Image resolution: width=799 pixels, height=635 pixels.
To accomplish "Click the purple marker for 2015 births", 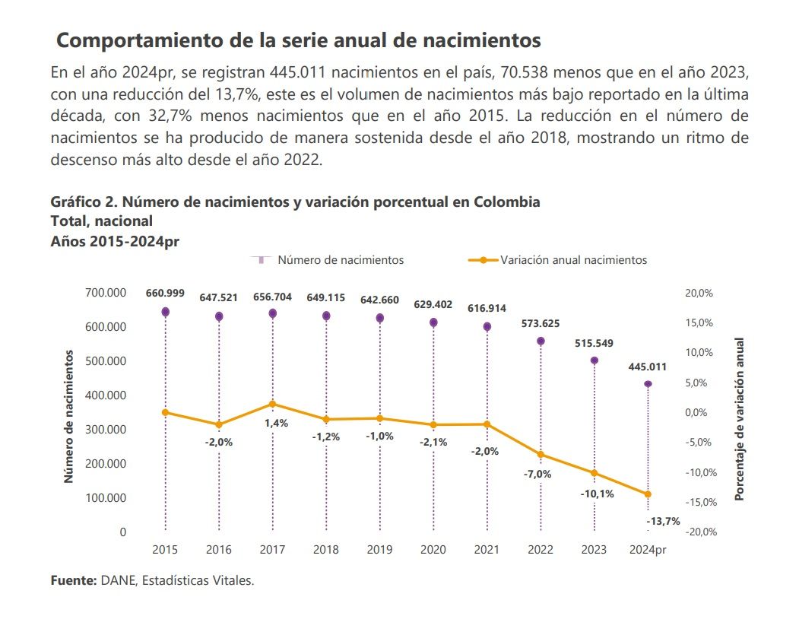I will click(x=165, y=312).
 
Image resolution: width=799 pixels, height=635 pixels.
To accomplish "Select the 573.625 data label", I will click(x=541, y=323).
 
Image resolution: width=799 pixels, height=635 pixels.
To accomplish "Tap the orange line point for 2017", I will click(x=272, y=404).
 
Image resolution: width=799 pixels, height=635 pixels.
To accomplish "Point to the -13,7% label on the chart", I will click(x=663, y=521).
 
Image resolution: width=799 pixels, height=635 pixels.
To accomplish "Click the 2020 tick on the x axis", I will click(x=433, y=549).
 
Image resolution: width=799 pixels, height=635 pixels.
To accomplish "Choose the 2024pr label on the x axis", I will click(x=648, y=549).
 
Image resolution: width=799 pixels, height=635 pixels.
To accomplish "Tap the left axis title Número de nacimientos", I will click(x=68, y=417).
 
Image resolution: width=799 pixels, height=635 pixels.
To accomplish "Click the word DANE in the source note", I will click(x=116, y=581).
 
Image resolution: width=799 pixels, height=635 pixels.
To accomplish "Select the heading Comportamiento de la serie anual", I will click(x=299, y=40).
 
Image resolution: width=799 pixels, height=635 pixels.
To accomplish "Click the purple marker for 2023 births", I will click(x=594, y=360).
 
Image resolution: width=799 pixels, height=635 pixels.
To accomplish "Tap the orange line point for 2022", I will click(x=541, y=455).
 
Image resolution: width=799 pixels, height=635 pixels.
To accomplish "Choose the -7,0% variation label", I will click(x=537, y=474).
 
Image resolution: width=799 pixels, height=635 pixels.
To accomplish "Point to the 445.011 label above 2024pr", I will click(x=648, y=367).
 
